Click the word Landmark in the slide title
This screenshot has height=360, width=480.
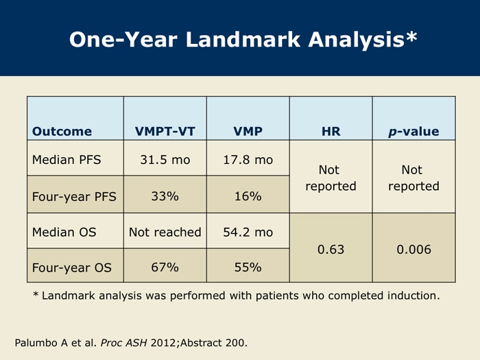(x=243, y=39)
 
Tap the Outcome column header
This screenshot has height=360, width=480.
(x=62, y=132)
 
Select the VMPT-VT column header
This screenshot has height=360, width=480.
(x=165, y=132)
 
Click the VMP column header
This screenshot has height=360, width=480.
(x=248, y=132)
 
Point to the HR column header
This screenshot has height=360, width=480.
(x=331, y=132)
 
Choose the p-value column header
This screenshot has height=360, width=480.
(x=413, y=132)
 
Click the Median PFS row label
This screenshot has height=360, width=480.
(x=67, y=160)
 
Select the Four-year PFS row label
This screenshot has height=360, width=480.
(x=74, y=197)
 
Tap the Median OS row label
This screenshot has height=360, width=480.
(x=64, y=232)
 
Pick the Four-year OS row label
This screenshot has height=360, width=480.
(x=71, y=267)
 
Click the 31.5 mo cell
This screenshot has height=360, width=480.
(x=165, y=160)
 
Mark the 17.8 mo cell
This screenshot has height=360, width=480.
(x=248, y=160)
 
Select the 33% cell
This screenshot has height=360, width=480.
(x=165, y=196)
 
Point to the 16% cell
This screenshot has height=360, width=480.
(x=248, y=196)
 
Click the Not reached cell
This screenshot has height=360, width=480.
(x=165, y=232)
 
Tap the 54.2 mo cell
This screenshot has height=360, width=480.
(x=248, y=232)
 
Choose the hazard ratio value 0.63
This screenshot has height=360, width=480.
(x=331, y=250)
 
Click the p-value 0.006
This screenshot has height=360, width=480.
(x=414, y=250)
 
